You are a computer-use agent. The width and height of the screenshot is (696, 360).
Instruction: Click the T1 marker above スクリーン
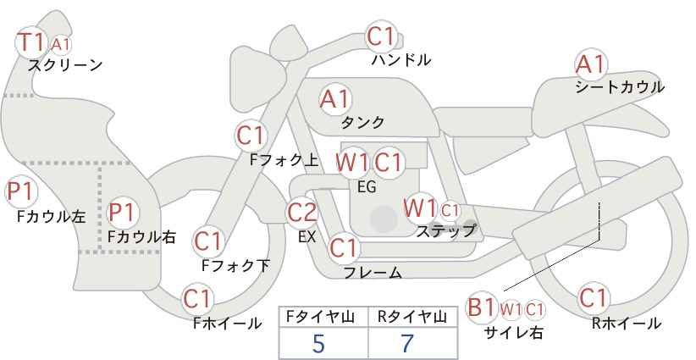(x=31, y=42)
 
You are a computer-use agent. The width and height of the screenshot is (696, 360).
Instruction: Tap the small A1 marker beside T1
(x=60, y=44)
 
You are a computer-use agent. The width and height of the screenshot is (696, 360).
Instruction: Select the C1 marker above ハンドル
(x=381, y=36)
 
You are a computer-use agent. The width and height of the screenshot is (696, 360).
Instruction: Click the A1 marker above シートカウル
(x=590, y=64)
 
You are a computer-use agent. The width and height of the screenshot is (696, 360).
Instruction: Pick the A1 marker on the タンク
(x=334, y=99)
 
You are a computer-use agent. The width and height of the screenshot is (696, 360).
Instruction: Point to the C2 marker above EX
(x=302, y=212)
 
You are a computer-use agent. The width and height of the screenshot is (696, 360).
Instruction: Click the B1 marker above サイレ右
(x=482, y=307)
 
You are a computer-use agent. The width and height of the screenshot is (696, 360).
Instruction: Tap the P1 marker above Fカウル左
(x=21, y=192)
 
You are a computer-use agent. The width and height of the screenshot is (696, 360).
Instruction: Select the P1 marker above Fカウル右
(x=122, y=212)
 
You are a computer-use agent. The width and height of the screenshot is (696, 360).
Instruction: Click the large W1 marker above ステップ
(x=419, y=208)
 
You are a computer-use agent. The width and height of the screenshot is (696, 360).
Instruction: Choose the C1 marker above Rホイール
(x=593, y=298)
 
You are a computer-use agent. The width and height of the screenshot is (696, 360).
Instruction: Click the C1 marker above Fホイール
(x=197, y=299)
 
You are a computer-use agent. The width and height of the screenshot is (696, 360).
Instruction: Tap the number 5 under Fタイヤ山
(x=318, y=343)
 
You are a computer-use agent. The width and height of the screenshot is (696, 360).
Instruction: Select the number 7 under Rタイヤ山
(x=407, y=343)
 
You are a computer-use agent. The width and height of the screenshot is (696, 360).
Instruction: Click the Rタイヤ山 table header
(x=412, y=317)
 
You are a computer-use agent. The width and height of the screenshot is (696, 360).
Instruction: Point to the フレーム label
(x=373, y=273)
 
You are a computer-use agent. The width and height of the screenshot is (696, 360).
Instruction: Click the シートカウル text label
(x=620, y=87)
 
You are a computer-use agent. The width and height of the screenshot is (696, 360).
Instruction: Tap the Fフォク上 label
(x=284, y=160)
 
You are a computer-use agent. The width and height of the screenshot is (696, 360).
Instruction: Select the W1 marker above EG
(x=351, y=163)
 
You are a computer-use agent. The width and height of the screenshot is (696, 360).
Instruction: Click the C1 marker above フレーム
(x=344, y=247)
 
